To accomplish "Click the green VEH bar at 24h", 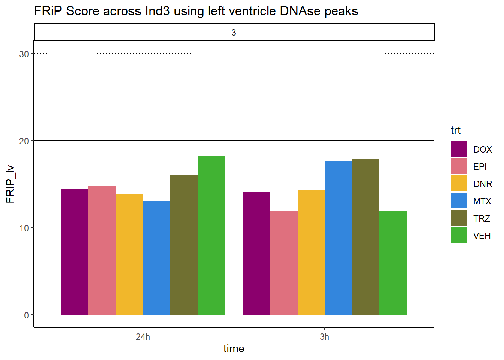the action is [211, 235].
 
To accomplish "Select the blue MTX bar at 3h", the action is [338, 238].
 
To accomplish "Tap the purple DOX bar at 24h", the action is [75, 252].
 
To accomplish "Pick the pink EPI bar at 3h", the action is [284, 263].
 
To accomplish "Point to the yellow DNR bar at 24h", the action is [129, 254].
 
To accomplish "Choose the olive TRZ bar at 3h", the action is [366, 237].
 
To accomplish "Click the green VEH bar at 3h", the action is [393, 262].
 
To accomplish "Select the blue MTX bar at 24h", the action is [157, 258].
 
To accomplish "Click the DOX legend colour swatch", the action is [459, 149].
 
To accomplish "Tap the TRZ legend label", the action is [481, 219].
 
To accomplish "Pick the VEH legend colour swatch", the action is [459, 235].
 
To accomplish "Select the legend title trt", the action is [456, 130].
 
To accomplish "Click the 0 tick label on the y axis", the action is [26, 315].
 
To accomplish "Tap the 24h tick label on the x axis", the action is [142, 337].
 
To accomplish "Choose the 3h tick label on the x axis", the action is [324, 337].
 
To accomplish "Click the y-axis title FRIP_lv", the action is [10, 184].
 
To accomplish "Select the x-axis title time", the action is [234, 348].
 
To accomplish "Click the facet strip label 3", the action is [234, 33].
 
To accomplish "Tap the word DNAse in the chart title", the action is [300, 11].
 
